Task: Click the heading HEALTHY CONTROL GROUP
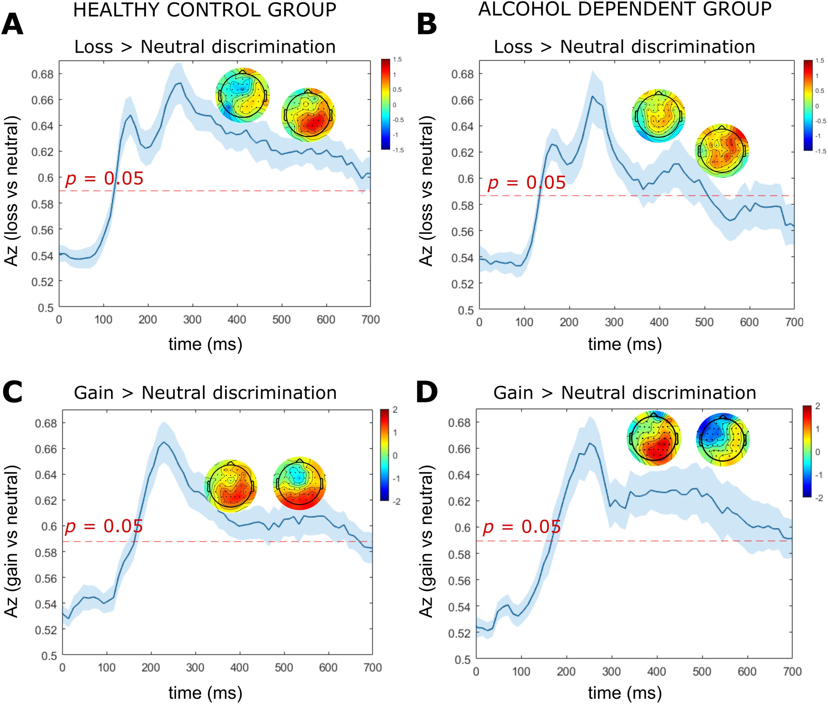point(204,10)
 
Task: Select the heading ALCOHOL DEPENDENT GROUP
point(624,9)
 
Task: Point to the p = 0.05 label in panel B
point(526,183)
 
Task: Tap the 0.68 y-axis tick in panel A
point(42,74)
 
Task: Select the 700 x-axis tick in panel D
point(792,672)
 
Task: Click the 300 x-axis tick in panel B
point(614,322)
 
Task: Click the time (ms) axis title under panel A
point(205,344)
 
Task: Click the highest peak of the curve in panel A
point(180,83)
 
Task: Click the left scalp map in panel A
point(242,95)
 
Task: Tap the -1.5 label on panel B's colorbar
point(820,151)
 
